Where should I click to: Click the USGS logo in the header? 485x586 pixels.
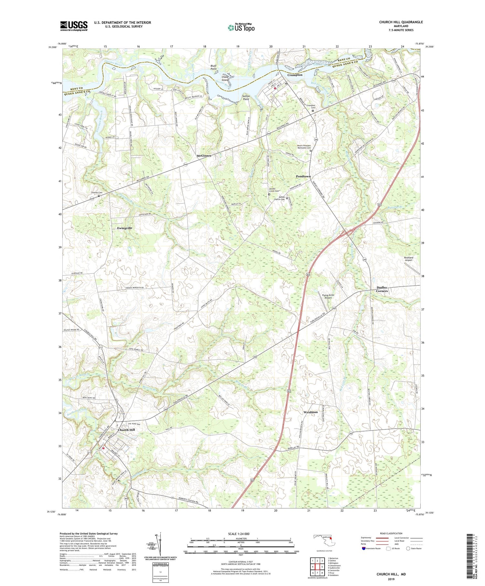point(74,26)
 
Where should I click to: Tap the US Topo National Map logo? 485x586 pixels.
point(241,27)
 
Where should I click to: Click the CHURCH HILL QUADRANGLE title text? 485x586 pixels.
point(401,22)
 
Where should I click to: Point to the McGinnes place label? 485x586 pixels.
point(204,156)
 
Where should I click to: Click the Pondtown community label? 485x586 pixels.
point(303,176)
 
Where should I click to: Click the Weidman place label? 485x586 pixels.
point(310,412)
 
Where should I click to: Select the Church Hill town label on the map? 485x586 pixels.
point(126,430)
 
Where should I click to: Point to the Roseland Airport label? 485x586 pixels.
point(408,259)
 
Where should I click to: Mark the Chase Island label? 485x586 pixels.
point(225,78)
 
